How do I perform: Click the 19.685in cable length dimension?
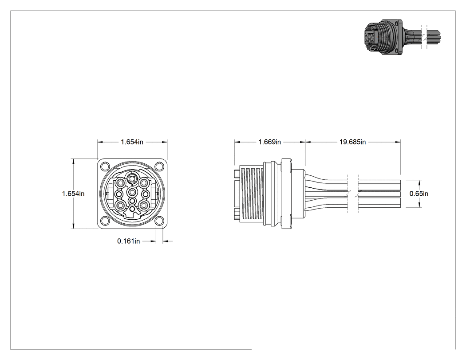(x=352, y=142)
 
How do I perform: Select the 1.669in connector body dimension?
(x=269, y=142)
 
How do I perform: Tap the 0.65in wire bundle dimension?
(x=419, y=194)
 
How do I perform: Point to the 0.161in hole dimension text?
(x=128, y=241)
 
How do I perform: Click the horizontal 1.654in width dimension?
(x=132, y=142)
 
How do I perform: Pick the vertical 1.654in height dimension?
(x=73, y=194)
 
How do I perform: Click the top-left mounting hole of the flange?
(x=105, y=166)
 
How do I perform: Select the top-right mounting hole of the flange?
(x=160, y=166)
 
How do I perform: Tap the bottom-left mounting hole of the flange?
(x=105, y=221)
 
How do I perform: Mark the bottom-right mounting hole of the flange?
(x=160, y=221)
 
